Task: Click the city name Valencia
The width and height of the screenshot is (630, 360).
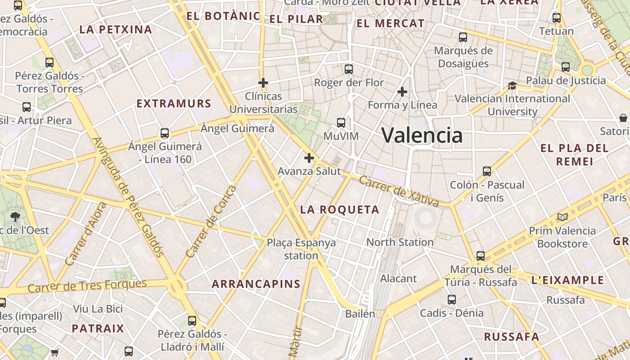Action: click(422, 135)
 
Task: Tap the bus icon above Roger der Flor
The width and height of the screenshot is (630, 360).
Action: click(349, 69)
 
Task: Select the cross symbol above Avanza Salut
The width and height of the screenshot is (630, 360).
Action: click(309, 158)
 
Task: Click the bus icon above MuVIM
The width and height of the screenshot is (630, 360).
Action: click(341, 122)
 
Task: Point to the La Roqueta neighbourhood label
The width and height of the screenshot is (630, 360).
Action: click(340, 210)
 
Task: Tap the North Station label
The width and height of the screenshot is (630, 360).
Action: click(400, 242)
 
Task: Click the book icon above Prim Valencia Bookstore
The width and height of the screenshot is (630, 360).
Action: click(562, 217)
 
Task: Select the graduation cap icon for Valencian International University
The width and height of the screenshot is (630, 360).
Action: click(512, 85)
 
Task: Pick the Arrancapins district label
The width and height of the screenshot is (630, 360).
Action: click(256, 284)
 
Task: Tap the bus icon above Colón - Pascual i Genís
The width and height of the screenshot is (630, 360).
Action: click(487, 171)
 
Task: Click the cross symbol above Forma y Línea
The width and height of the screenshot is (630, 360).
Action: click(402, 92)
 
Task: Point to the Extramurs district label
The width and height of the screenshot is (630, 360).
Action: click(174, 103)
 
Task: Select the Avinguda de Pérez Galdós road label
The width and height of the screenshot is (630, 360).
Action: click(128, 197)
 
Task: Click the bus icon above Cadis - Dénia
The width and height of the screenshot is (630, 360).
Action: click(452, 300)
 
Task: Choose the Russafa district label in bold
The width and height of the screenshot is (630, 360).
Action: click(511, 337)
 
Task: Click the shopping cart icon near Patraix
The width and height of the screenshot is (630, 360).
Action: click(55, 352)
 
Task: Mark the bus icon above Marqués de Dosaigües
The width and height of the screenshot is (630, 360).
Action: click(463, 37)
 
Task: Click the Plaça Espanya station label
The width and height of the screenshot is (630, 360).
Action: click(301, 249)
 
